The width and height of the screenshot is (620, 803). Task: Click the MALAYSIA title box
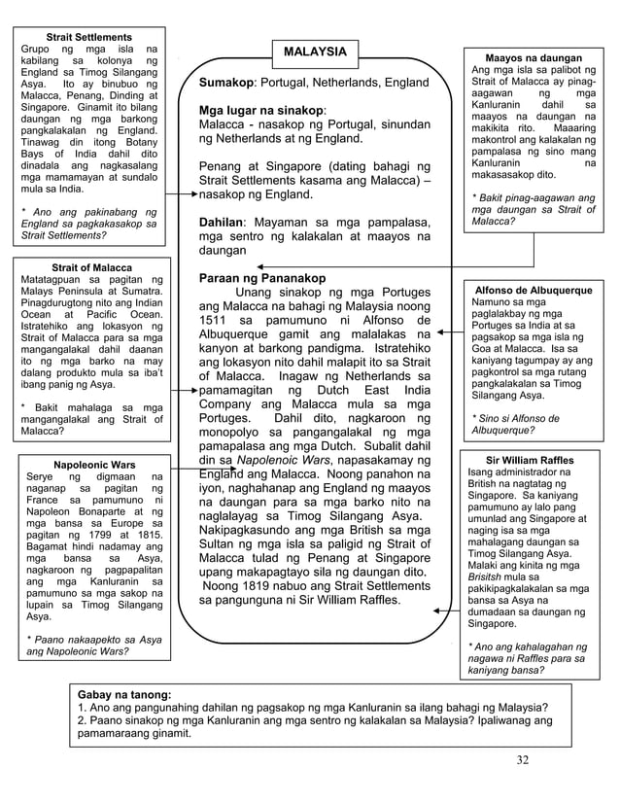click(313, 51)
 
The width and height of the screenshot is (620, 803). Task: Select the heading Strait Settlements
click(89, 35)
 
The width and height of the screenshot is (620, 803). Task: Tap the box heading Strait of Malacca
click(89, 267)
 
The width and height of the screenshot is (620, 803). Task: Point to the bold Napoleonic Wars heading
click(94, 464)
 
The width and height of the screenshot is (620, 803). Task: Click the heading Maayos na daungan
click(533, 58)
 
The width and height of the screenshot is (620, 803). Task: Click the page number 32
click(523, 759)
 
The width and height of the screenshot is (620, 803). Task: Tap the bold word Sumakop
click(226, 84)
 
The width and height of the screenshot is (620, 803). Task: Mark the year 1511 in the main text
click(219, 320)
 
